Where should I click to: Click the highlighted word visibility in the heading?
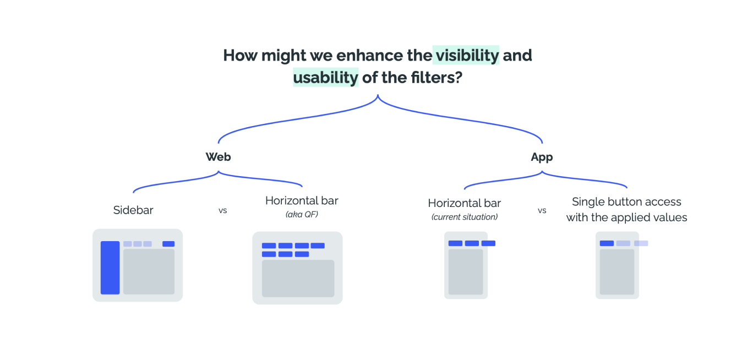(466, 56)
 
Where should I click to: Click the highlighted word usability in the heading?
(325, 78)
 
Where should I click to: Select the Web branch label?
(218, 157)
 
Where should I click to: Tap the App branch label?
(542, 157)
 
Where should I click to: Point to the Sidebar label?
(133, 210)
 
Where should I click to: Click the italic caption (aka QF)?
(302, 214)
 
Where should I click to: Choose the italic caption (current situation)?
(464, 217)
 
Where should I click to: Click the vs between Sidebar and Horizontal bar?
(222, 210)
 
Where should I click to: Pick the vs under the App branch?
(542, 210)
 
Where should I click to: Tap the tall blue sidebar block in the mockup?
(110, 268)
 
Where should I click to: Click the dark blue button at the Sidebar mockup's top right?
(168, 244)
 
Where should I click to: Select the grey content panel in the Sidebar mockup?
(149, 271)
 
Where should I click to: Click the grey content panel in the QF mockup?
(298, 279)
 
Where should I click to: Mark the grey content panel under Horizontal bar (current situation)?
(466, 271)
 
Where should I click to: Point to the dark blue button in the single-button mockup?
(607, 243)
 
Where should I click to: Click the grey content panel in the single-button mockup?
(616, 271)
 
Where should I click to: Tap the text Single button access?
(626, 202)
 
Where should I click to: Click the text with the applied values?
(626, 217)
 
